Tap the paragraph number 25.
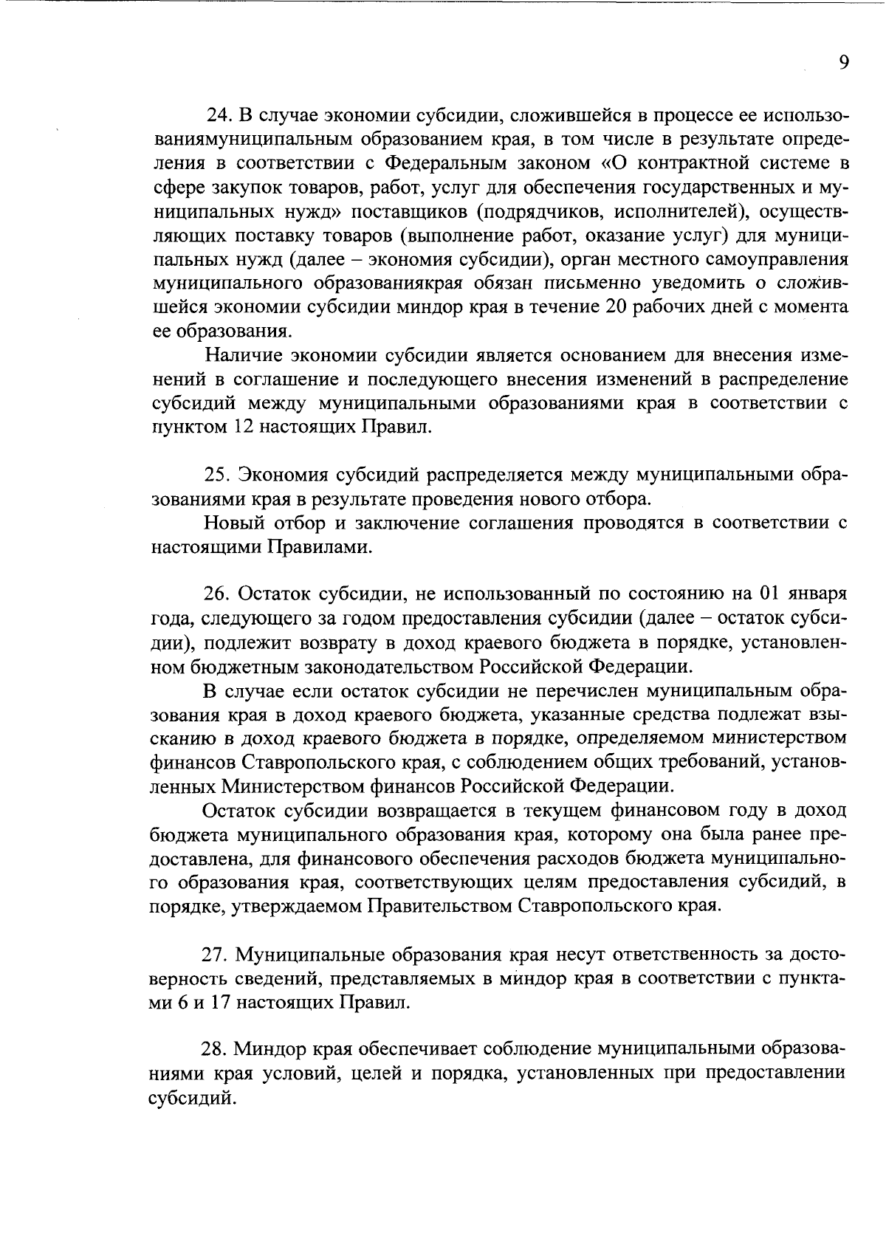point(215,475)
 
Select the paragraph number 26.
point(216,594)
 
